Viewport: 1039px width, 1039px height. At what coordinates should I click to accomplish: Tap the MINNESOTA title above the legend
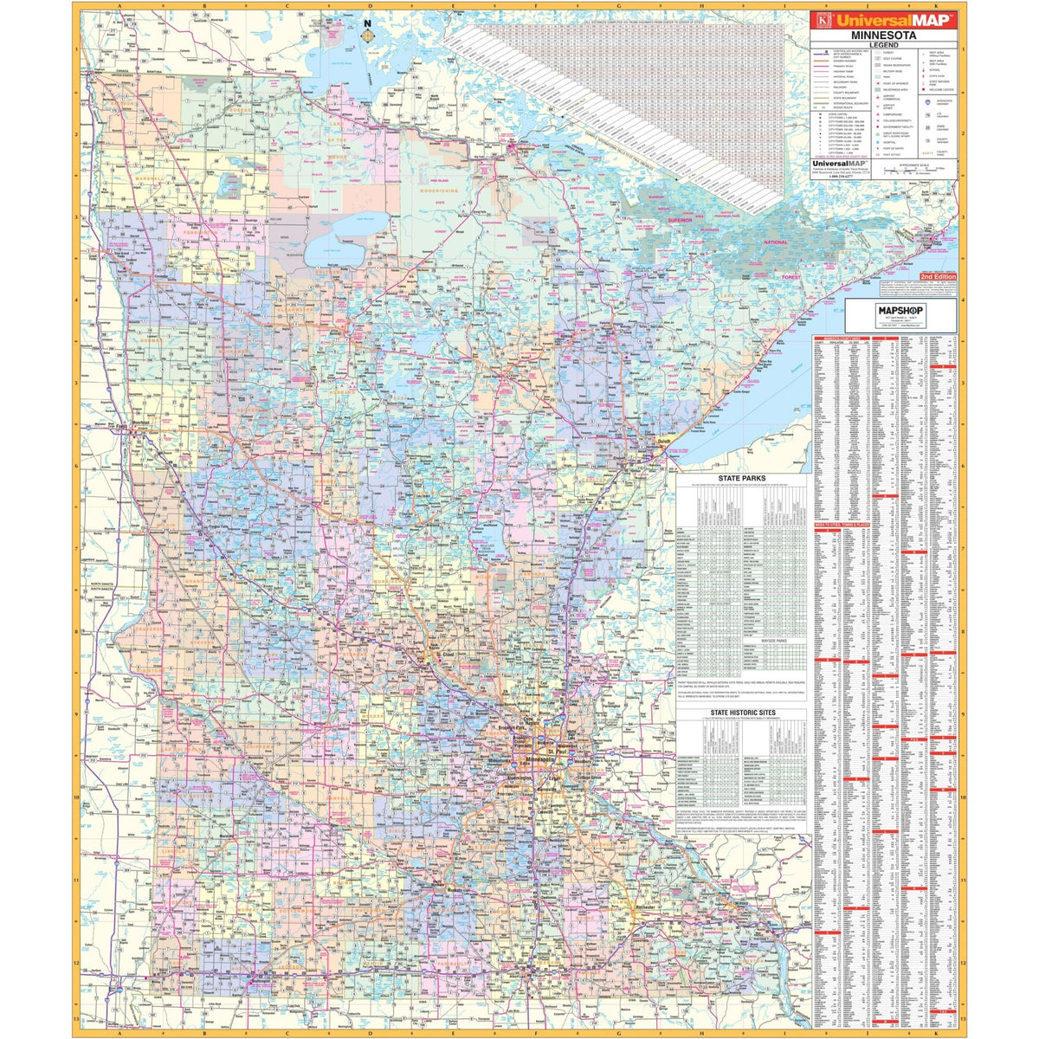[883, 35]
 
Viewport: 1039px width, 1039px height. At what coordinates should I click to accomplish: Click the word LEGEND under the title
[883, 44]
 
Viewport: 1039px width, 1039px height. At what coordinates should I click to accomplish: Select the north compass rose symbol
[368, 36]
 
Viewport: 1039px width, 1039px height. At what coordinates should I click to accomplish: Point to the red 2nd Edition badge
[936, 274]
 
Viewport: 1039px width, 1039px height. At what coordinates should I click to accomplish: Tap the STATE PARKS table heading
[742, 478]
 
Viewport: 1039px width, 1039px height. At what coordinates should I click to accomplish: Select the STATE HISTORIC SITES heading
[742, 713]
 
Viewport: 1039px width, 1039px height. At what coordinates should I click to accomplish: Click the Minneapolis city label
[530, 760]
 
